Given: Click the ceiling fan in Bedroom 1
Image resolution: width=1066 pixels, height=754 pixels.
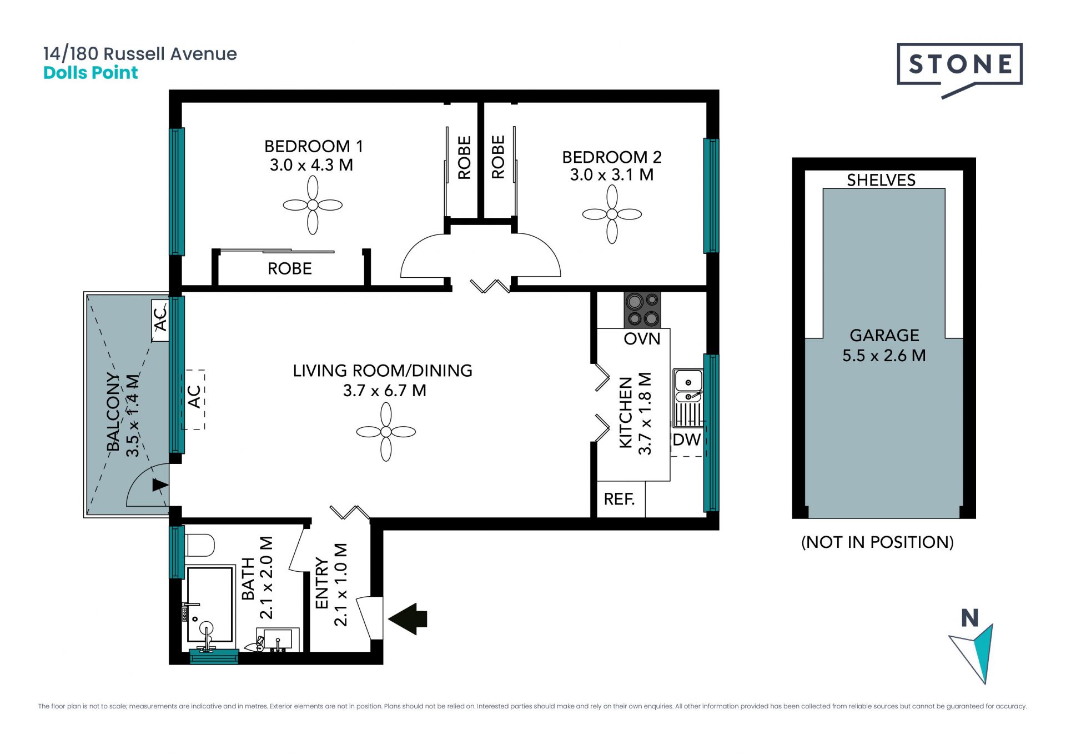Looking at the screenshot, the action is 313,205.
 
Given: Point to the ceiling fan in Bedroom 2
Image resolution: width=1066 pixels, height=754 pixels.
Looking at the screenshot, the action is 612,214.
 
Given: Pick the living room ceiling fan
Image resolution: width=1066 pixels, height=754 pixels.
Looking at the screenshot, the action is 386,432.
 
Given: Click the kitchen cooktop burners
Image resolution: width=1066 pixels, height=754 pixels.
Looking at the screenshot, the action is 642,310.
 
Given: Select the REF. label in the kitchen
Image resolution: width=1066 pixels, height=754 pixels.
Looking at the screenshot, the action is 619,499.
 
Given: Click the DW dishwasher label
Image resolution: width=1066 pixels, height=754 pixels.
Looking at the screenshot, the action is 687,440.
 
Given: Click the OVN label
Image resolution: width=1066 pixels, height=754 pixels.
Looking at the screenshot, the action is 642,339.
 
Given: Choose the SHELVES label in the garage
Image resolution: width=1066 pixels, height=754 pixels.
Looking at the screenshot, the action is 881,180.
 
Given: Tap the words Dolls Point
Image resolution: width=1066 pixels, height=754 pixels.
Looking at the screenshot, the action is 90,73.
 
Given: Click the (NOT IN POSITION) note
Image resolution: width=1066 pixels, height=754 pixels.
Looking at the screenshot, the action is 877,542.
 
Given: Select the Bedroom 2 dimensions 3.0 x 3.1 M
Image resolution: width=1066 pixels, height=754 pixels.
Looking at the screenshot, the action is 612,175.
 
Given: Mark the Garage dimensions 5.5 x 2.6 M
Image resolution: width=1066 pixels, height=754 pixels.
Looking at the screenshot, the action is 884,356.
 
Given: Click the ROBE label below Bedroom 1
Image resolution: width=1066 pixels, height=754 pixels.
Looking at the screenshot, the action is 290,269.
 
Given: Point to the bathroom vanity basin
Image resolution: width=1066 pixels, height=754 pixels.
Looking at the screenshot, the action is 277,640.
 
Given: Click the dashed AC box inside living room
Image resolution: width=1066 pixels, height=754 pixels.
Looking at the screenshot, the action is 193,399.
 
